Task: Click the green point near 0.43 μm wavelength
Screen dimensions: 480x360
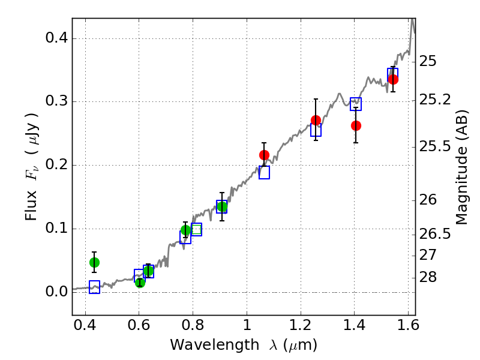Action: pos(95,262)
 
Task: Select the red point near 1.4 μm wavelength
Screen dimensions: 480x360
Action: pos(356,125)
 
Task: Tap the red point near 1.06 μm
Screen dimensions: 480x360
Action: pos(264,155)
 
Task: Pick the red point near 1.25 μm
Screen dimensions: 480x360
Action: pos(316,121)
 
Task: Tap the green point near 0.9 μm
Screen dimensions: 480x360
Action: pos(222,207)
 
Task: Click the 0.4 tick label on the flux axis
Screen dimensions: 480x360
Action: pos(56,38)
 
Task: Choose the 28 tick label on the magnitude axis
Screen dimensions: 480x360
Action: pos(428,277)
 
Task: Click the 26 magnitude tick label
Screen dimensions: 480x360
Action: pos(428,200)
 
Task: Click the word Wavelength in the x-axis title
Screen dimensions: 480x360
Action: pos(215,345)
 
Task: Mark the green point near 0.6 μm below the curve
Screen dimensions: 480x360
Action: pos(140,283)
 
